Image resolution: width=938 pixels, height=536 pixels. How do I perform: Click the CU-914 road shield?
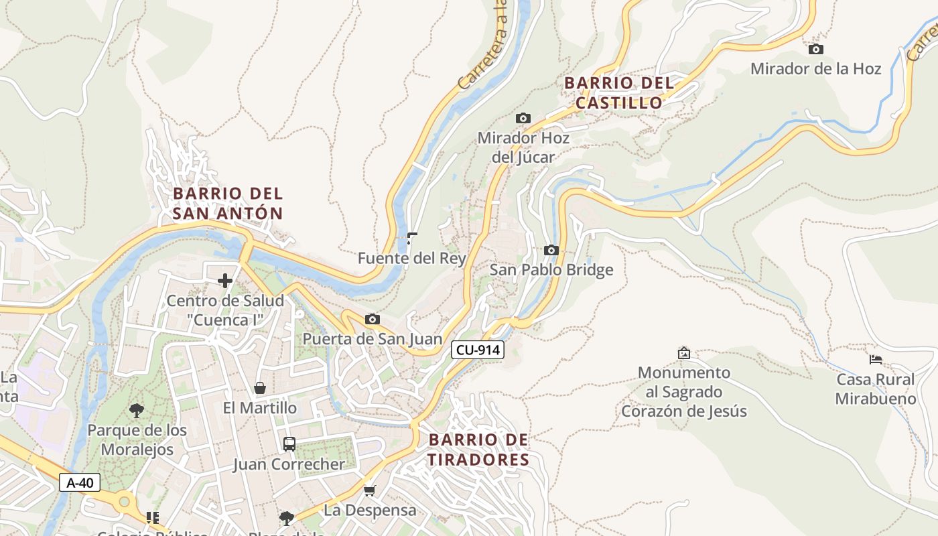tap(477, 349)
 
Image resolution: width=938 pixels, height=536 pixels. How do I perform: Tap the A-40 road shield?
tap(80, 482)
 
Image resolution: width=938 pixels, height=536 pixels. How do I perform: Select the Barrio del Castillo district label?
tap(618, 93)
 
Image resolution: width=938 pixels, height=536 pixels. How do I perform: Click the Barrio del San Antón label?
tap(228, 203)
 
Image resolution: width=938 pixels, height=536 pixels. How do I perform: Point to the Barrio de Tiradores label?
tap(478, 450)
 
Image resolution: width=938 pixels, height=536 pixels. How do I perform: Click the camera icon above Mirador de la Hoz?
tap(815, 49)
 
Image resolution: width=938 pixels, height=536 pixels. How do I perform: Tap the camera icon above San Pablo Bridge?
tap(551, 250)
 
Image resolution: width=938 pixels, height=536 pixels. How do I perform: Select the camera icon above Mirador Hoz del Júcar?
tap(523, 118)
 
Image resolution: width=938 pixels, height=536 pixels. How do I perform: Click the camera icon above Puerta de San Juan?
tap(372, 319)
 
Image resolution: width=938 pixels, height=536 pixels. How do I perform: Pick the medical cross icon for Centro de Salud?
tap(225, 280)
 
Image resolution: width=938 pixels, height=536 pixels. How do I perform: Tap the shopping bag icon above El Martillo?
tap(259, 388)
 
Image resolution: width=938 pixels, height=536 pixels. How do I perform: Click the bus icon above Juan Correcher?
tap(289, 444)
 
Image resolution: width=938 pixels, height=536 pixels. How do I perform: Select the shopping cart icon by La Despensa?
tap(369, 490)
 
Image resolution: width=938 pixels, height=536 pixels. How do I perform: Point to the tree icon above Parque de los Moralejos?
tap(137, 410)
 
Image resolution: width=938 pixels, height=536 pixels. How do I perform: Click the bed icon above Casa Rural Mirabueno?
tap(875, 359)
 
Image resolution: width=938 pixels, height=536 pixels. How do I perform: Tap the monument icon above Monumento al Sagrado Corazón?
tap(683, 352)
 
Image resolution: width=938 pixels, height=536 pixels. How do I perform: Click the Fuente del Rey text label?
tap(411, 258)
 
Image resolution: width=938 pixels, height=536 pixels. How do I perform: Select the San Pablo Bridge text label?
tap(551, 270)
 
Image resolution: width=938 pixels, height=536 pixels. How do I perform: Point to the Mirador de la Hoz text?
tap(815, 68)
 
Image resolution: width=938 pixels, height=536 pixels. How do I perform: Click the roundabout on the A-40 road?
tap(124, 500)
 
